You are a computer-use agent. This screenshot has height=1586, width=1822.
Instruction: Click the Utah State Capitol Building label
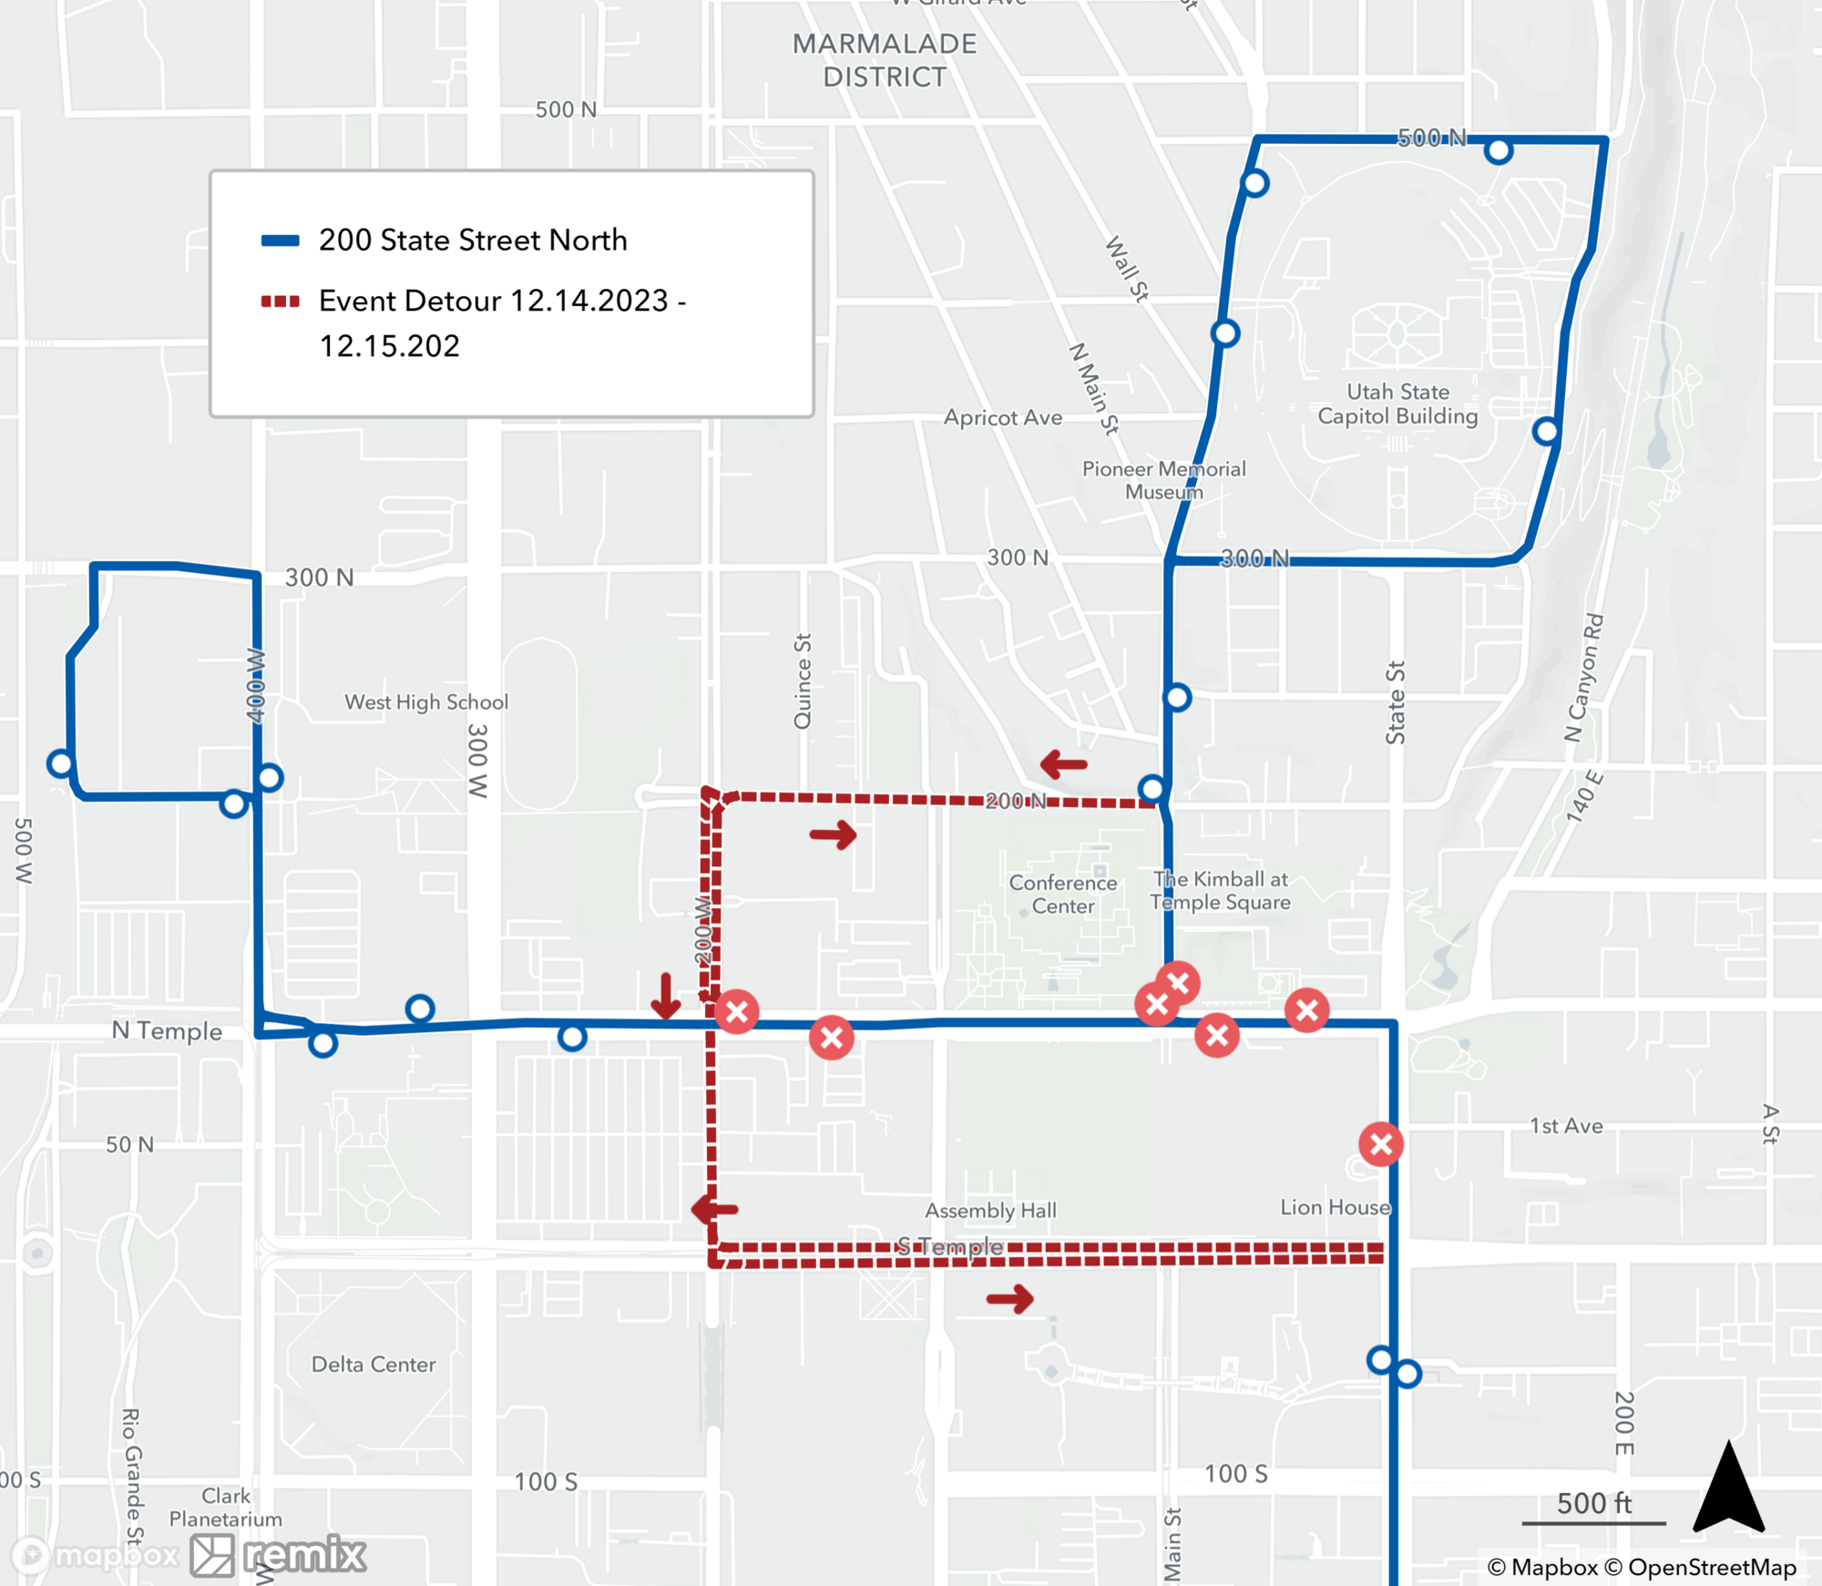click(1397, 404)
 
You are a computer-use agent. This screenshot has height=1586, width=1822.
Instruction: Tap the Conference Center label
click(1062, 894)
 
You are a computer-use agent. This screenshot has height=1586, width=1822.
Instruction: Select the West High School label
click(425, 701)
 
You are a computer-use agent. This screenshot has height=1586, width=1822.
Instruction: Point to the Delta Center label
click(374, 1364)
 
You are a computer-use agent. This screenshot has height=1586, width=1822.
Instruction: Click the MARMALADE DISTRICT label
click(884, 60)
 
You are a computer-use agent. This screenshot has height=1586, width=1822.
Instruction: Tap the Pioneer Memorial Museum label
click(1163, 480)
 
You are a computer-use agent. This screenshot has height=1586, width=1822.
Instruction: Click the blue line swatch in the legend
click(280, 240)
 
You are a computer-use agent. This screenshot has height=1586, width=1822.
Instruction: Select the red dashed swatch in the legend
click(280, 302)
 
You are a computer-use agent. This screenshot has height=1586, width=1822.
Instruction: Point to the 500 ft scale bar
click(1593, 1521)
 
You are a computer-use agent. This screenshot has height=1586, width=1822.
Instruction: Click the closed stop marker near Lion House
click(1380, 1144)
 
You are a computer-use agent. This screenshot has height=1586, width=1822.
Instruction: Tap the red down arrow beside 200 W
click(666, 996)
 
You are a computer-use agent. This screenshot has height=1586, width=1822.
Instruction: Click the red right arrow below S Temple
click(1009, 1298)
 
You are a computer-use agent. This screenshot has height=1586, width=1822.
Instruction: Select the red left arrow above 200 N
click(1063, 763)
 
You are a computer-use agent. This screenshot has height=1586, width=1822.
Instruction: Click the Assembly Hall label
click(990, 1210)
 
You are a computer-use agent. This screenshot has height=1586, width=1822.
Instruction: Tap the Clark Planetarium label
click(225, 1507)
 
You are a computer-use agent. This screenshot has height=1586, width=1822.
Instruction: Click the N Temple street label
click(167, 1030)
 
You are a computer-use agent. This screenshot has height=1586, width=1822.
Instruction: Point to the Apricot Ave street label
click(1002, 417)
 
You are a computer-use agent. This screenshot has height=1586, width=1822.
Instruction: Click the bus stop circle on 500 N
click(1498, 150)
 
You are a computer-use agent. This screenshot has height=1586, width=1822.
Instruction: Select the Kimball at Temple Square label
click(1220, 890)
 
